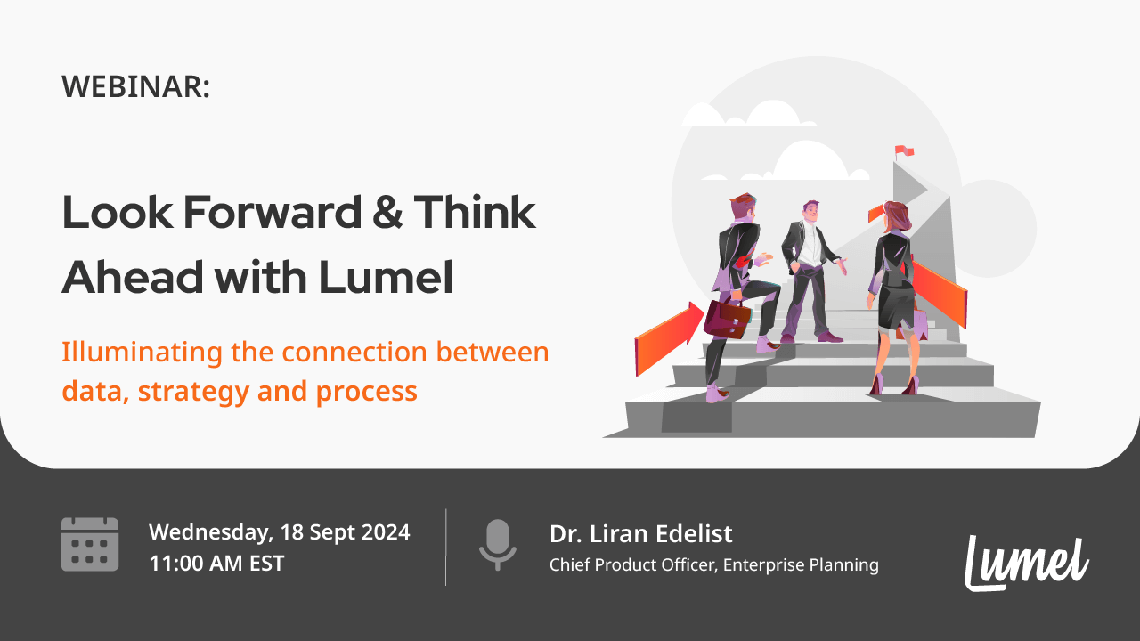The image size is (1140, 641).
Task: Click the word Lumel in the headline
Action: (386, 279)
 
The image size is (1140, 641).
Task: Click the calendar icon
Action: (90, 544)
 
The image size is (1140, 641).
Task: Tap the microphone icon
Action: (497, 544)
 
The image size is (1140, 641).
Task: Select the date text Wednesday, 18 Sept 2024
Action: (279, 532)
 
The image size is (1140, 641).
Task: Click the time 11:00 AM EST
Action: (216, 563)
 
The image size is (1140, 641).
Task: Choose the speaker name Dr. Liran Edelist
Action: (640, 534)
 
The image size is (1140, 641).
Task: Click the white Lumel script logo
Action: (1027, 562)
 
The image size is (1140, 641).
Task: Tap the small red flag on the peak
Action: (905, 152)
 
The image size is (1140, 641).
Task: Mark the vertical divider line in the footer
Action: (445, 547)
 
